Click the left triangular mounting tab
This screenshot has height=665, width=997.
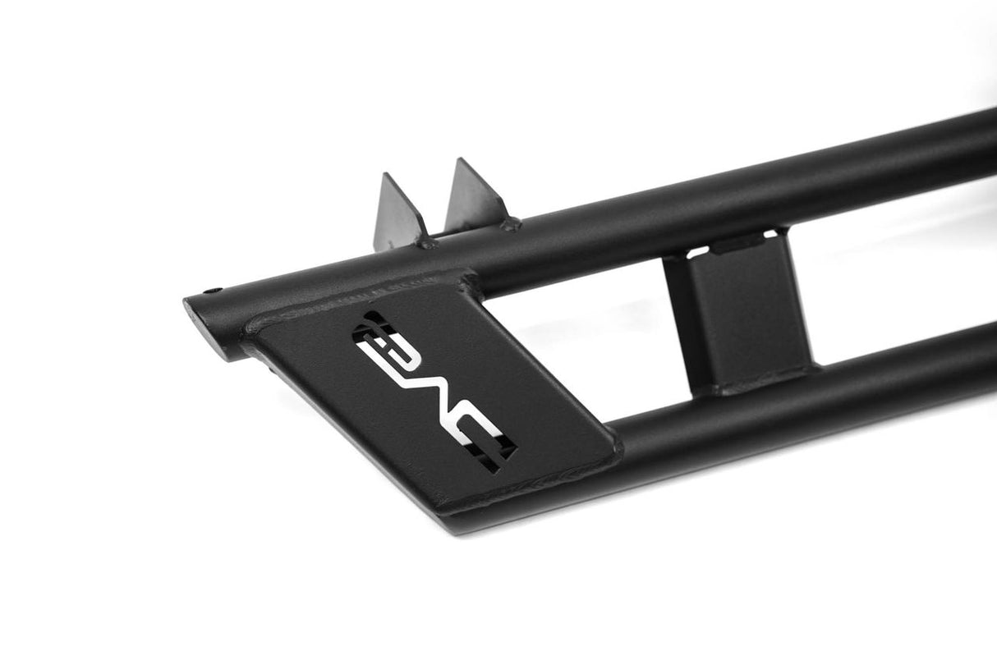click(x=398, y=213)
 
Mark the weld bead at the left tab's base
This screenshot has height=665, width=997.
click(x=425, y=241)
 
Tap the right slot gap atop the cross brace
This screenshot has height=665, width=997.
click(x=773, y=234)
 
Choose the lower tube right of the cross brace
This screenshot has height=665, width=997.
click(x=903, y=369)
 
